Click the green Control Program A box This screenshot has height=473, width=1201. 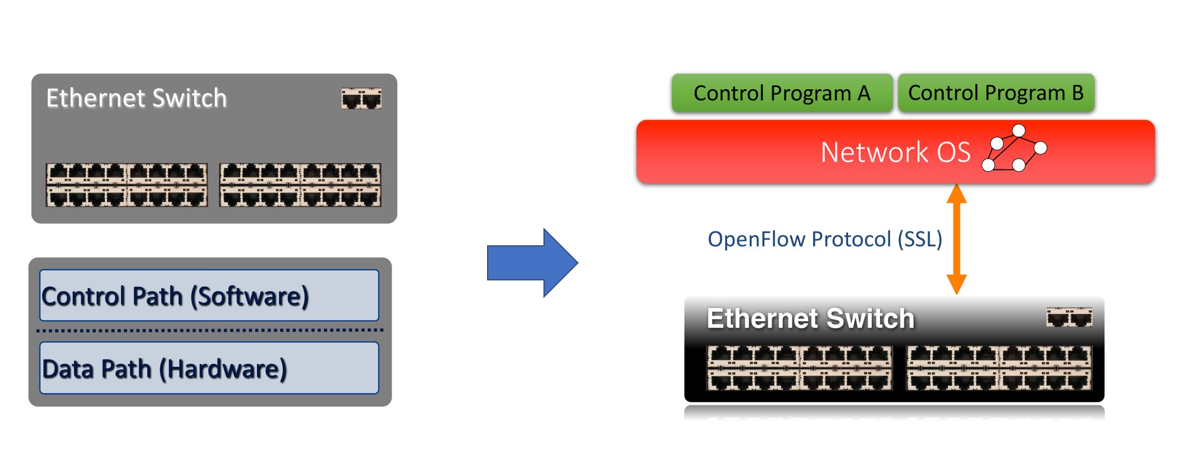click(782, 93)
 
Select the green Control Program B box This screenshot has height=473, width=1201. click(995, 93)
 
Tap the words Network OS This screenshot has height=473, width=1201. click(895, 152)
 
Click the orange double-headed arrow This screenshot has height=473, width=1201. click(956, 239)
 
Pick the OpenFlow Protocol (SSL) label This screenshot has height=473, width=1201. click(824, 239)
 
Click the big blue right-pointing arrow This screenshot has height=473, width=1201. click(532, 262)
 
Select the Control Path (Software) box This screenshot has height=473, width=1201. click(209, 295)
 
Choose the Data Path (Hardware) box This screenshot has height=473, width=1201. click(209, 368)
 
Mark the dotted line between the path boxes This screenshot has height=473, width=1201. click(210, 330)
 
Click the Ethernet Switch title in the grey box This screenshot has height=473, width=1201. click(136, 98)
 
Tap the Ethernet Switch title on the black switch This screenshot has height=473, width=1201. click(810, 319)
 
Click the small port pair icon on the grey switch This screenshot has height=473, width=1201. click(361, 98)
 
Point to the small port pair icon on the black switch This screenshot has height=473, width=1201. click(1069, 318)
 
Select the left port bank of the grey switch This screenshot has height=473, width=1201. click(127, 185)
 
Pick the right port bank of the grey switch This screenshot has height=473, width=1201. click(300, 185)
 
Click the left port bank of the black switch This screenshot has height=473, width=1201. click(799, 368)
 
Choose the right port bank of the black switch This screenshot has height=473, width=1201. click(999, 368)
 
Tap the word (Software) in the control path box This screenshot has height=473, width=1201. click(249, 296)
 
